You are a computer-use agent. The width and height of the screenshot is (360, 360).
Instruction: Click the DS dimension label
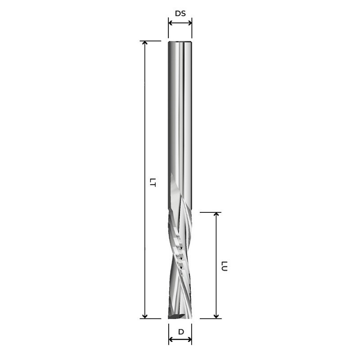coord(180,13)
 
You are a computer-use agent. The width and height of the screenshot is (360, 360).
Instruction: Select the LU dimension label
coord(224,266)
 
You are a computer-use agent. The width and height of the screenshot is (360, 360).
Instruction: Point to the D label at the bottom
coord(180,332)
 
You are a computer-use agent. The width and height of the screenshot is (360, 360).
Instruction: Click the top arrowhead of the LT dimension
coord(144,43)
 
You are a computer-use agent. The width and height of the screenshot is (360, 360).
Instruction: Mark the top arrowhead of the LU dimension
coord(216,215)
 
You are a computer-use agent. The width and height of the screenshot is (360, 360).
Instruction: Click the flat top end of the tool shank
coord(180,42)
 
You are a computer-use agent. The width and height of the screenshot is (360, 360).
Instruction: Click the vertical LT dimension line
coord(144,135)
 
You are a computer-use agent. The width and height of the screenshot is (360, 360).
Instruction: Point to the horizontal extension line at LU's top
coord(210,212)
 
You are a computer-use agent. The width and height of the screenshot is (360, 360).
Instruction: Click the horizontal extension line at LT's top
coord(151,41)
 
